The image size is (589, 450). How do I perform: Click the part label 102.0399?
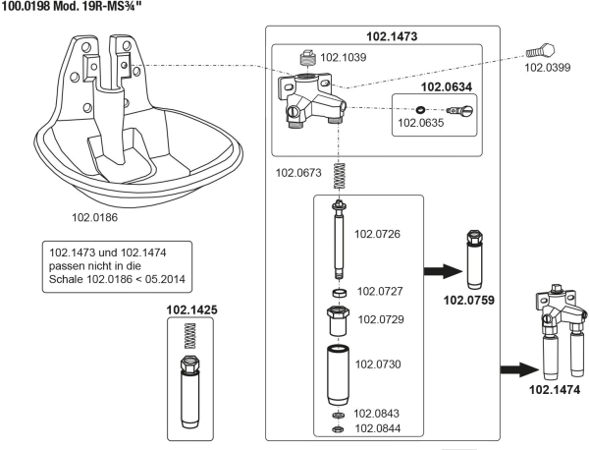[546, 68]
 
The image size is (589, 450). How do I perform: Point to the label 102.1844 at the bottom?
[377, 427]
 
